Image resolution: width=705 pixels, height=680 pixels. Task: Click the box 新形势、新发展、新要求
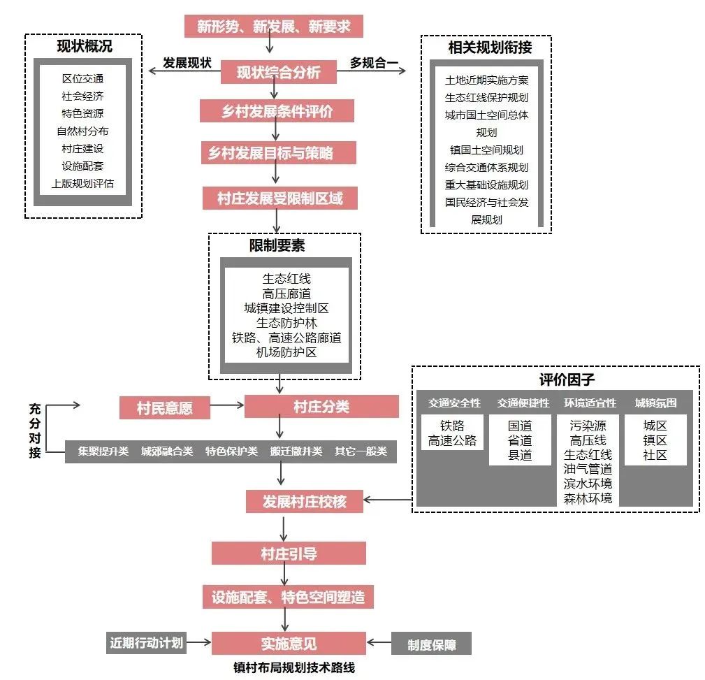coord(274,27)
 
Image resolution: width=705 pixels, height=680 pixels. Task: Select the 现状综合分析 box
coord(279,72)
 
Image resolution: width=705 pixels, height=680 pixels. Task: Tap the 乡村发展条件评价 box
coord(277,111)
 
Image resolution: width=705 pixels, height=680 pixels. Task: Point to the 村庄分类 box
coord(321,407)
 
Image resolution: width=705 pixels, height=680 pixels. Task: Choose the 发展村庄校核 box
coord(304,501)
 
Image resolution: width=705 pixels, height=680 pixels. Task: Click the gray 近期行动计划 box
coord(147,642)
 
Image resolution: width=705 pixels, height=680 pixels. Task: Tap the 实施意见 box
coord(289,643)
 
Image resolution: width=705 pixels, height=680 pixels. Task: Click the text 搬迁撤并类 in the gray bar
coord(296,451)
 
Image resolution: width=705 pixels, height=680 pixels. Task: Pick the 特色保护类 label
coord(231,451)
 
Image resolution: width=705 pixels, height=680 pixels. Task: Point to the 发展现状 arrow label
coord(187,62)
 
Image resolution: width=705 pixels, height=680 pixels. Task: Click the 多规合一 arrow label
coord(375,64)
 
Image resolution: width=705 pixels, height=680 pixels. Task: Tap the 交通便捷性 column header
coord(523,403)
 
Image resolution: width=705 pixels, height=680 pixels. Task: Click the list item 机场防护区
coord(286,352)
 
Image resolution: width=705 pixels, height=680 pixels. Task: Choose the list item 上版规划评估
coord(82,184)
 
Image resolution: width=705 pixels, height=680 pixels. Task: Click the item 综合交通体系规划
coord(486,167)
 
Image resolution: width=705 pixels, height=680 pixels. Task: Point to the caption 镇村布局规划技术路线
coord(293,667)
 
